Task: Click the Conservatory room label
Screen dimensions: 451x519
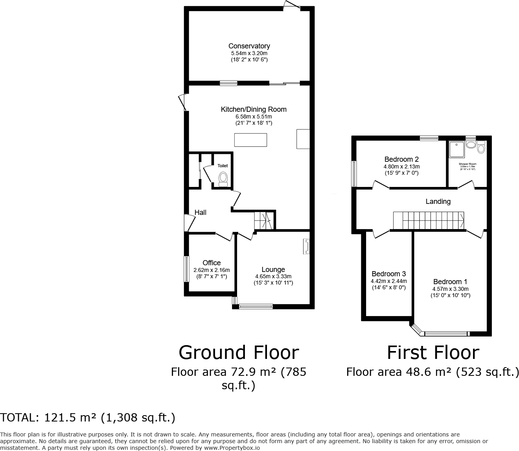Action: click(249, 46)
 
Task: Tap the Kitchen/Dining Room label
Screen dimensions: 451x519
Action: click(254, 109)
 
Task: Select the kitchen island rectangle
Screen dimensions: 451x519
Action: click(250, 140)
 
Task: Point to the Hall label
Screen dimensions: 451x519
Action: click(200, 213)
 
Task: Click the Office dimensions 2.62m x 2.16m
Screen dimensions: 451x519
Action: click(212, 270)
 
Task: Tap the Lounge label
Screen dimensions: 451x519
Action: click(273, 270)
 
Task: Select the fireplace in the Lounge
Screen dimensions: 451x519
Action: click(306, 246)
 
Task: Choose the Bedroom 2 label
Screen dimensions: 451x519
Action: click(401, 159)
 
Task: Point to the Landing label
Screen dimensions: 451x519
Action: click(438, 201)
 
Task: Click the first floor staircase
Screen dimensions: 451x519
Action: click(429, 220)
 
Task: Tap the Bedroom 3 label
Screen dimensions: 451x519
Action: click(388, 274)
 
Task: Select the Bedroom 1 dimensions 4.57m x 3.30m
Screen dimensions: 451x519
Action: click(450, 289)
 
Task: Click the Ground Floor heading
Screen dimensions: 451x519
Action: click(239, 352)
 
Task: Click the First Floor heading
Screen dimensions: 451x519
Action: click(433, 352)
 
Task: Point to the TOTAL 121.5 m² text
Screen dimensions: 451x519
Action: click(88, 418)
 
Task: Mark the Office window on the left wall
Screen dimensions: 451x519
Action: click(187, 269)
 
